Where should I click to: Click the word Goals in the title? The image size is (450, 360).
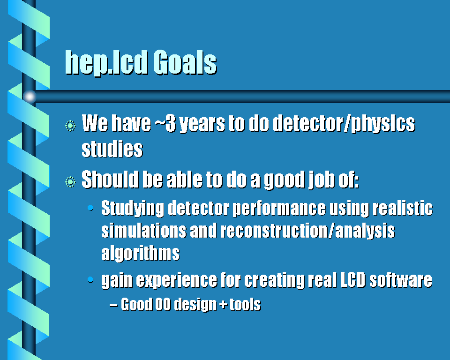[185, 63]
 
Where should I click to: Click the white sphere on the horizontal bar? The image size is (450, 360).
[29, 97]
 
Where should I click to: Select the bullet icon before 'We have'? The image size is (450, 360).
[70, 126]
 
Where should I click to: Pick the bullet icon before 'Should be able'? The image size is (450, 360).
[70, 182]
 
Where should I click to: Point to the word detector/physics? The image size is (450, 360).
[344, 124]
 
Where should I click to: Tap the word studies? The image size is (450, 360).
[112, 149]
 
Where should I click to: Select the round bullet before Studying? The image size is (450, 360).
[90, 208]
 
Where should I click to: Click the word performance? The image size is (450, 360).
[279, 209]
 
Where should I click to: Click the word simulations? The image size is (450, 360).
[144, 231]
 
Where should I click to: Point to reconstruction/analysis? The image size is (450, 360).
[307, 232]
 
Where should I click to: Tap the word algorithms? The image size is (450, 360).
[140, 254]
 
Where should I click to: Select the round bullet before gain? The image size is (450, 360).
[90, 279]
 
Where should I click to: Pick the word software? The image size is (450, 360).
[401, 280]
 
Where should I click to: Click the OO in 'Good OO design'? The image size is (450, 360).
[163, 304]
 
